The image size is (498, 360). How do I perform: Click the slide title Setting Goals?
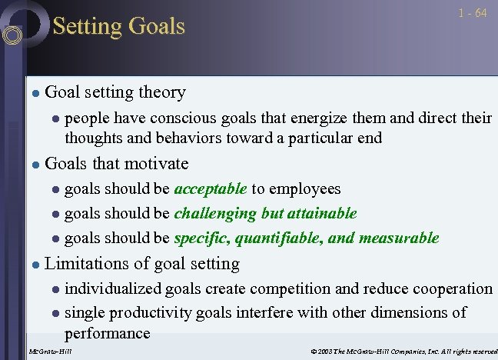click(x=118, y=27)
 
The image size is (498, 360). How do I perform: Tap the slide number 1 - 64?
click(x=471, y=14)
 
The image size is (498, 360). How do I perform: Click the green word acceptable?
click(x=211, y=188)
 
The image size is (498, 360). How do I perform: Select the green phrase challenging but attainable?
click(x=266, y=213)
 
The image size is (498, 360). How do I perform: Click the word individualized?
click(x=113, y=288)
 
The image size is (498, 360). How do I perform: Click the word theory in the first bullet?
click(x=162, y=92)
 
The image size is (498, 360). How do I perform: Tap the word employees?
click(x=306, y=188)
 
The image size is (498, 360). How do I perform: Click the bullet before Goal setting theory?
click(x=34, y=93)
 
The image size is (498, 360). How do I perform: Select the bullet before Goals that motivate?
click(x=34, y=164)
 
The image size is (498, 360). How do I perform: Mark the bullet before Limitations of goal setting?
click(x=34, y=265)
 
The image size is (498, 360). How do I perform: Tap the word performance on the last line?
click(x=107, y=333)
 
